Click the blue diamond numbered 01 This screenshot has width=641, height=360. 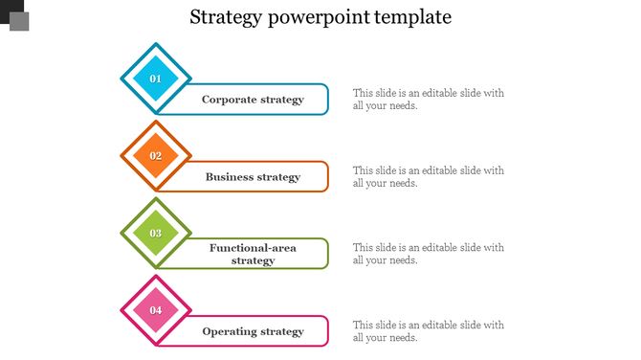coord(156,79)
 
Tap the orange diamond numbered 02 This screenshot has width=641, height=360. coord(156,156)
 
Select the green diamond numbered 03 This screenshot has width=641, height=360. coord(156,233)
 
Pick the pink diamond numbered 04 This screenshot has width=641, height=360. coord(156,310)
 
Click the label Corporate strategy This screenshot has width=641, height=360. coord(253,100)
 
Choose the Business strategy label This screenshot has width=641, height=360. coord(253,177)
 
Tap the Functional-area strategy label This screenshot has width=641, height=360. coord(253,254)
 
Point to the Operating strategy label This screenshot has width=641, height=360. coord(253,331)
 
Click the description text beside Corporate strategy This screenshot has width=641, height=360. coord(428,100)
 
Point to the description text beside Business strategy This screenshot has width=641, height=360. coord(428,177)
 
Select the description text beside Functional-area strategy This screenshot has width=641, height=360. coord(428,254)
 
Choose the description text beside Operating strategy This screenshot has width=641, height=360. coord(428,331)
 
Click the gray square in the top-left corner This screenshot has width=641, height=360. coord(19,21)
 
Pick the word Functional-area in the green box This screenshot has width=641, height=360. coord(253,248)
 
